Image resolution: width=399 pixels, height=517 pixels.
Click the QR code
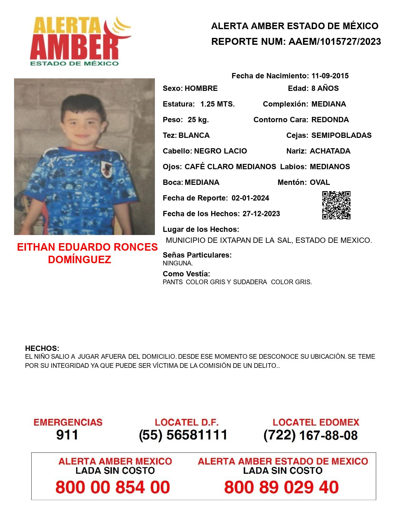(336, 205)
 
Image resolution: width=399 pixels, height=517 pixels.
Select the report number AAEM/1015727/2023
(335, 42)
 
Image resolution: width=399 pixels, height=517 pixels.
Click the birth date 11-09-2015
(330, 76)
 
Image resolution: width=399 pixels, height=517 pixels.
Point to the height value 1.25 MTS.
(217, 104)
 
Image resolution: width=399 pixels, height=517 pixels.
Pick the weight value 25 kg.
(198, 120)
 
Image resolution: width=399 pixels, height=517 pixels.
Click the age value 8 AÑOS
(325, 88)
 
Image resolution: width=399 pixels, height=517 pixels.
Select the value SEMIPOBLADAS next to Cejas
(341, 135)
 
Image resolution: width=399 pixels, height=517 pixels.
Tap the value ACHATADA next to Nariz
(330, 151)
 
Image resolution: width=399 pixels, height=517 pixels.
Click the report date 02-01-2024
(250, 198)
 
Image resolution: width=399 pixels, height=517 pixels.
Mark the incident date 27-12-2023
(261, 214)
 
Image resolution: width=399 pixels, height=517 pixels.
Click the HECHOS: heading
(42, 348)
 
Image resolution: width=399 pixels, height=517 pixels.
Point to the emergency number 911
(67, 435)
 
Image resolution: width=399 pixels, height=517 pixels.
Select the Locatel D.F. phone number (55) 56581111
(183, 435)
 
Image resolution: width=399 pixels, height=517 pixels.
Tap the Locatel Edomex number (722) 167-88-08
(310, 435)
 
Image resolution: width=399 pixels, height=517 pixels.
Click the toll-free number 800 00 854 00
(113, 487)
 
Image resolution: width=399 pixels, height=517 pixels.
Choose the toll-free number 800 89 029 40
(281, 487)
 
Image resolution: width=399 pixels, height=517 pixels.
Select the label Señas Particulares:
(197, 255)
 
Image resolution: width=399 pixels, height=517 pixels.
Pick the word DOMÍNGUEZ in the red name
(79, 259)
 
